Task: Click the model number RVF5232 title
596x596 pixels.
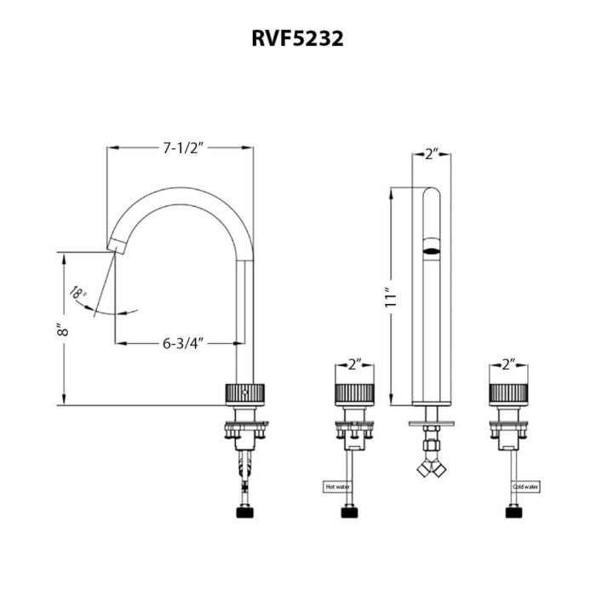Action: tap(297, 39)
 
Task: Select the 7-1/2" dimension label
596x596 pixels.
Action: tap(181, 148)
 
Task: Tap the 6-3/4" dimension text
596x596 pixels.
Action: tap(181, 343)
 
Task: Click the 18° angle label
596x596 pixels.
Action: tap(79, 294)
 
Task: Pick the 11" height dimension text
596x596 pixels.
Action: tap(391, 297)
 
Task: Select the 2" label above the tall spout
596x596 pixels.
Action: tap(431, 154)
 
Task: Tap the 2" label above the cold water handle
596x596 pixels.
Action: tap(509, 364)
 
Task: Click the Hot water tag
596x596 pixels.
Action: tap(336, 487)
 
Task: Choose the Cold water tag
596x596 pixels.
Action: tap(525, 487)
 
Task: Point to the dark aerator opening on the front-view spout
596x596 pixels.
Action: tap(431, 249)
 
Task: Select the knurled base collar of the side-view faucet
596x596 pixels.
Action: tap(245, 394)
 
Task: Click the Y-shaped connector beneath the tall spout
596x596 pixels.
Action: tap(431, 467)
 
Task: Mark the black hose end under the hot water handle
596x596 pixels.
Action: tap(350, 512)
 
